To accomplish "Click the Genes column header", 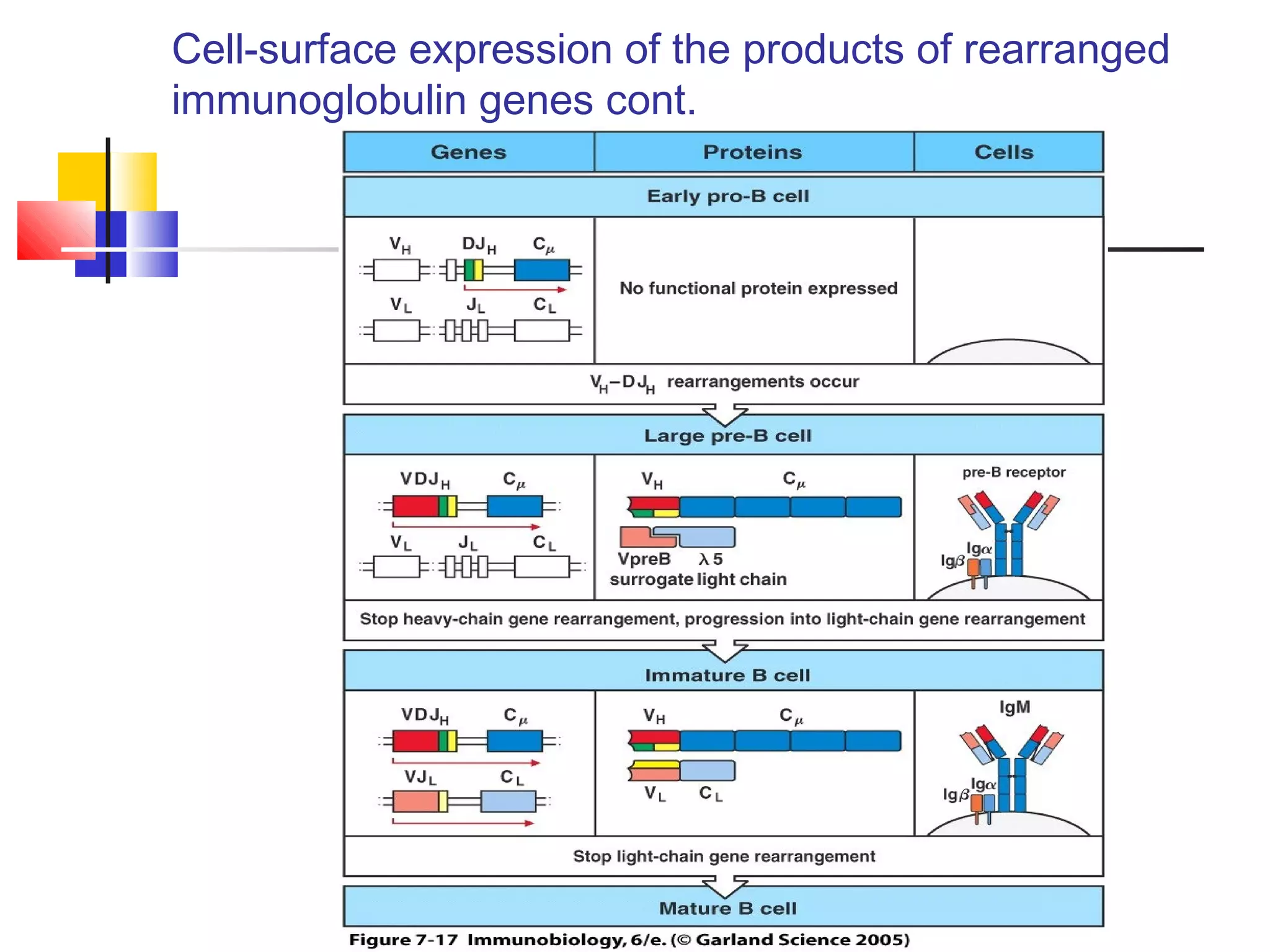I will tap(468, 152).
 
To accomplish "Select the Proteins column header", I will tap(752, 152).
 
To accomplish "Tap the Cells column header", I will tap(1004, 152).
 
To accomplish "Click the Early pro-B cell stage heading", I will tap(727, 196).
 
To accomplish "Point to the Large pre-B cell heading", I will tap(727, 436).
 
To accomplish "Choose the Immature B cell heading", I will tap(727, 675).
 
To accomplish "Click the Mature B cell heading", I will tap(727, 908).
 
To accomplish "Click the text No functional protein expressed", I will tap(758, 288).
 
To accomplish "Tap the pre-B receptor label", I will tap(1013, 472).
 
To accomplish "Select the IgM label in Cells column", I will tap(1015, 707).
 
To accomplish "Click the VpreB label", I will tap(644, 559).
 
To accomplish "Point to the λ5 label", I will tap(711, 559).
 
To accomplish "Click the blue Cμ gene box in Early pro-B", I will tap(541, 270).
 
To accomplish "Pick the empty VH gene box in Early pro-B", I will tap(397, 270).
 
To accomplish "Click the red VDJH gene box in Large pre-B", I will tap(415, 506).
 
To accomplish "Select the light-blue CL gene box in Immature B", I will tap(508, 801).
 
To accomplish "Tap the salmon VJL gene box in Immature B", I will tap(415, 801).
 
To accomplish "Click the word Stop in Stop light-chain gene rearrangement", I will tap(592, 856).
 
